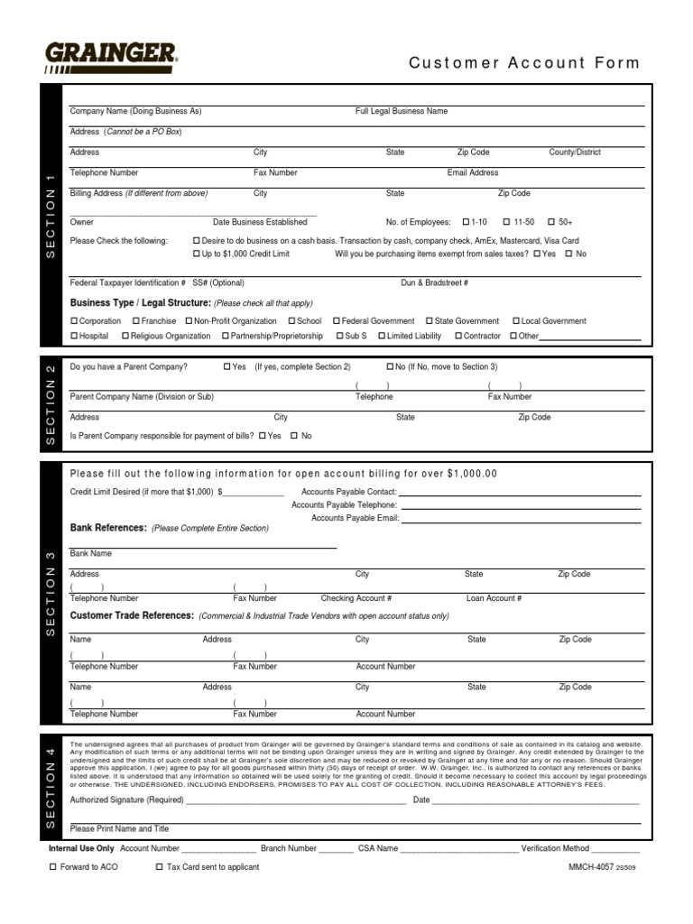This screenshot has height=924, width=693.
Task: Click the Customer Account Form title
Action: tap(523, 63)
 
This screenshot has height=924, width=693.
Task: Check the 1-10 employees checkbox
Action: tap(466, 222)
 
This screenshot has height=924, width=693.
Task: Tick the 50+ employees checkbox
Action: tap(550, 222)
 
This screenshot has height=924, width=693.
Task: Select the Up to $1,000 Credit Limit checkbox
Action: tap(197, 254)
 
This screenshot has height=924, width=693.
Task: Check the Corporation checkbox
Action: tap(74, 321)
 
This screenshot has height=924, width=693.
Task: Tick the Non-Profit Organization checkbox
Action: tap(189, 321)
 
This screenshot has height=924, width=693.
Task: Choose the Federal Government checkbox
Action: tap(336, 321)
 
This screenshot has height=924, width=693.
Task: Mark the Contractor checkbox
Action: tap(457, 337)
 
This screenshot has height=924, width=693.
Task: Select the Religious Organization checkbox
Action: tap(125, 337)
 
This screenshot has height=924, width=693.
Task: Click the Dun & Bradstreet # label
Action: tap(434, 282)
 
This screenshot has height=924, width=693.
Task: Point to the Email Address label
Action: tap(472, 172)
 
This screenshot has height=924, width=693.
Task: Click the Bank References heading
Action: tap(108, 527)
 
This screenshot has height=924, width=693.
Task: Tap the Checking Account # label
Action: tap(356, 598)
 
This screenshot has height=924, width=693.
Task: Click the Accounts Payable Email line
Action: tap(520, 519)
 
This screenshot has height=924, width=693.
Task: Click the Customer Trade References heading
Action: tap(132, 615)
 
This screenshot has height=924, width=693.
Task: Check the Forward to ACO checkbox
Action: tap(52, 867)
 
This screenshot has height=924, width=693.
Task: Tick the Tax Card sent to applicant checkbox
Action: tap(160, 867)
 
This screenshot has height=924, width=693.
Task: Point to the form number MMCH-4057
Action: tap(591, 867)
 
